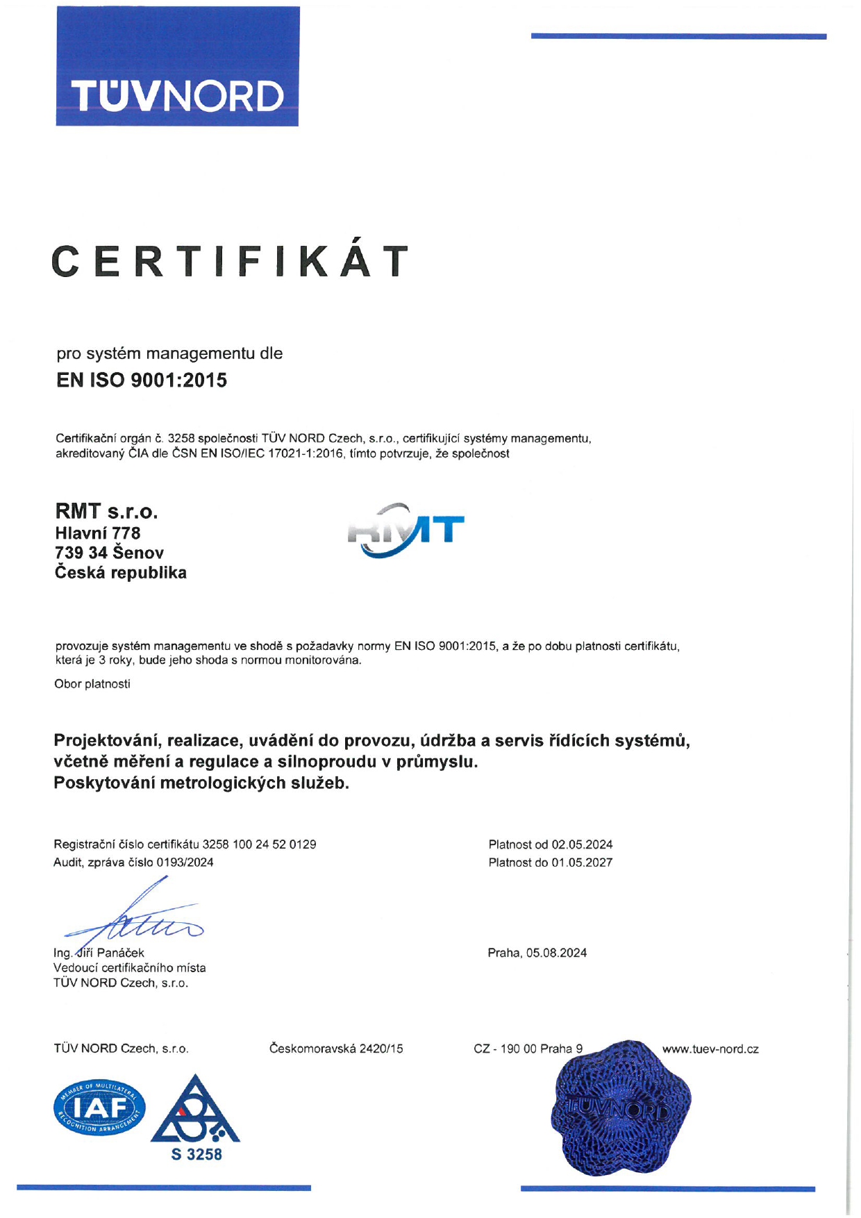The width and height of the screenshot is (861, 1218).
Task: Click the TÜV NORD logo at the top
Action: click(177, 67)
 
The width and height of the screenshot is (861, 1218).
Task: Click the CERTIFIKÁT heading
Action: click(230, 262)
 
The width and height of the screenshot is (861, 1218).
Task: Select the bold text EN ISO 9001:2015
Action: click(142, 381)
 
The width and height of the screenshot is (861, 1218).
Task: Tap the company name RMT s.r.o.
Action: click(106, 512)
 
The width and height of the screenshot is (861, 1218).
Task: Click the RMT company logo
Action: click(406, 531)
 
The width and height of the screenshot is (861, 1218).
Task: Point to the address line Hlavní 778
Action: click(97, 533)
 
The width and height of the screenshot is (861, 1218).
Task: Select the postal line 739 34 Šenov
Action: click(109, 553)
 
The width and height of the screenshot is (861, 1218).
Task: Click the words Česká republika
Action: click(121, 573)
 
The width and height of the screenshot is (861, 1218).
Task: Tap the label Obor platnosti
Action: click(92, 684)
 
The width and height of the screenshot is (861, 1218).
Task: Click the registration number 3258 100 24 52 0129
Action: click(259, 844)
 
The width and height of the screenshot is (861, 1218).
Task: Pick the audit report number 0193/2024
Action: click(185, 862)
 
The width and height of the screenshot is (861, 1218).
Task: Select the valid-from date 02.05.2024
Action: click(582, 844)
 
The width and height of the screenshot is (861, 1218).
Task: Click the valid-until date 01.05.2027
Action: click(582, 862)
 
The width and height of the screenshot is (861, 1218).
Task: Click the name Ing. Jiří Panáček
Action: click(99, 953)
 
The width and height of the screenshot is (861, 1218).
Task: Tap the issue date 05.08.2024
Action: click(556, 953)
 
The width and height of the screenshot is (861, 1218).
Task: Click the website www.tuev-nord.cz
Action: click(710, 1049)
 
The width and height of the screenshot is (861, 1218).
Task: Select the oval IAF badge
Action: click(100, 1108)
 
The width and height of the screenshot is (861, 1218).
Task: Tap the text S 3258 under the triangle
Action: click(197, 1154)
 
